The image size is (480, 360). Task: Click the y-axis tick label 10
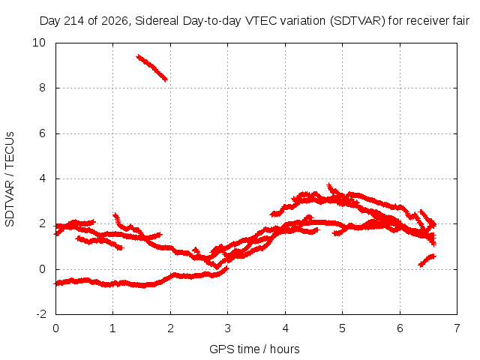click(x=39, y=43)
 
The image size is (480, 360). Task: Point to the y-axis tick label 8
click(x=42, y=88)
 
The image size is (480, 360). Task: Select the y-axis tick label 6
click(x=42, y=133)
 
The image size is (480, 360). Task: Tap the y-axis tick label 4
click(x=42, y=178)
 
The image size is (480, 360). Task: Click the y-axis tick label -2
click(x=41, y=314)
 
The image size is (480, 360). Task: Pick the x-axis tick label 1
click(x=113, y=328)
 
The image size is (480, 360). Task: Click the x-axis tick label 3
click(x=227, y=328)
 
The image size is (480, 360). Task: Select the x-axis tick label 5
click(x=342, y=328)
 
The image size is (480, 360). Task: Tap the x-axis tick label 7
click(x=457, y=328)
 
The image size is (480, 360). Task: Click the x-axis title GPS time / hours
click(x=254, y=349)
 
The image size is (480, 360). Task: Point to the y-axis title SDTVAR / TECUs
click(x=10, y=179)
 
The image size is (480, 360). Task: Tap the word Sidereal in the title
click(x=157, y=21)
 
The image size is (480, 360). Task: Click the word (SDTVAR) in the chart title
click(x=358, y=21)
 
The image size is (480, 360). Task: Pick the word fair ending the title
click(x=461, y=21)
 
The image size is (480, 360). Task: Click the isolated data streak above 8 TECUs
click(x=151, y=68)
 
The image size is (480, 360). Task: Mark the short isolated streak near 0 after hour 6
click(x=427, y=260)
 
